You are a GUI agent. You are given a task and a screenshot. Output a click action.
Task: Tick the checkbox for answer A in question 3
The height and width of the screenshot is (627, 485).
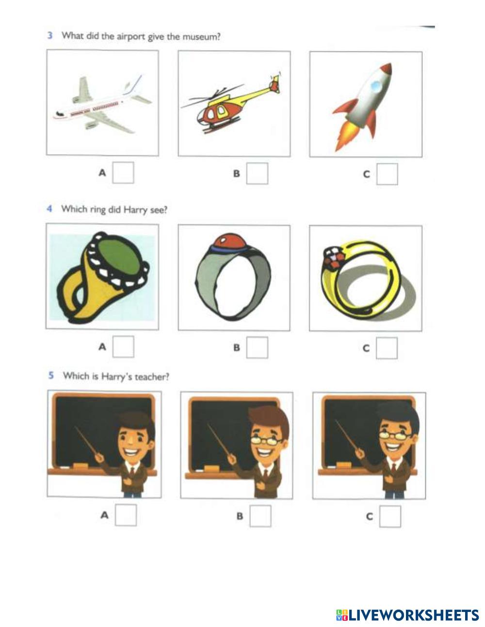pos(123,172)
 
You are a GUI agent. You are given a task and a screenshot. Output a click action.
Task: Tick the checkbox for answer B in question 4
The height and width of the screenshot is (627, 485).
pos(257,347)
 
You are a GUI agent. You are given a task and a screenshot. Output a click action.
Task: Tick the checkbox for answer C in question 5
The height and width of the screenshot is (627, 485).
pos(390,516)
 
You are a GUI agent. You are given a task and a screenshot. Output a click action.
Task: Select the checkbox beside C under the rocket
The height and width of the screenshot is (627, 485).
pos(387,174)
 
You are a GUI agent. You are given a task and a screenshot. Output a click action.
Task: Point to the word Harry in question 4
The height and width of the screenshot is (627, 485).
pos(135,210)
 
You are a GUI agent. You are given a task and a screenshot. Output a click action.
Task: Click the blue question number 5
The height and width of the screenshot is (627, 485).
pos(51,375)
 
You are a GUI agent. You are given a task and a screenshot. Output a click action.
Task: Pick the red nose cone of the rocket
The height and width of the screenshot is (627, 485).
pos(386,69)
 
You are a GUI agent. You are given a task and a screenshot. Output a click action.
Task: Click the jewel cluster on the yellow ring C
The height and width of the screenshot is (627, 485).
pos(332,257)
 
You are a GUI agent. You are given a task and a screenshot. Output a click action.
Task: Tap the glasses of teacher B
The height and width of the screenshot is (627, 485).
pos(266,440)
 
